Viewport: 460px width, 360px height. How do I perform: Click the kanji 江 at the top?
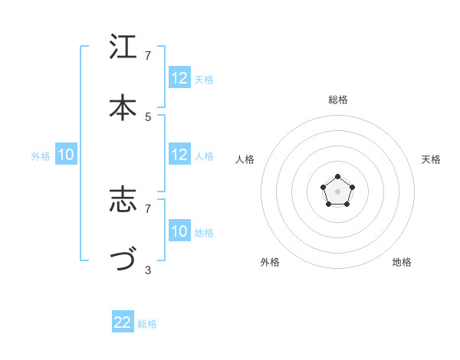pyautogui.click(x=123, y=48)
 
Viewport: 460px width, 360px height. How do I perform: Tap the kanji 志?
pyautogui.click(x=123, y=201)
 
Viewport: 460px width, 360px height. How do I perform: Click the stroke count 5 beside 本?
pyautogui.click(x=148, y=116)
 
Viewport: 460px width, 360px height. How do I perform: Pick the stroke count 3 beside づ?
pyautogui.click(x=148, y=270)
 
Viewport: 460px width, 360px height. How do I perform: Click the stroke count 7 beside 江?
pyautogui.click(x=148, y=56)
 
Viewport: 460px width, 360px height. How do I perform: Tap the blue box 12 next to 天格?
pyautogui.click(x=179, y=78)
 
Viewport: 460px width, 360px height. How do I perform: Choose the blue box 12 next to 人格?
pyautogui.click(x=179, y=155)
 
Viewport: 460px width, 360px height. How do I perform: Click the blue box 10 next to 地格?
pyautogui.click(x=179, y=231)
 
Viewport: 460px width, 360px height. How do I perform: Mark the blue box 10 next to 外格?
pyautogui.click(x=66, y=155)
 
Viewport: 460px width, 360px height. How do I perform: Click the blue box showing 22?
pyautogui.click(x=123, y=322)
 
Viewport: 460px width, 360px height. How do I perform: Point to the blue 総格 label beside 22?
pyautogui.click(x=147, y=324)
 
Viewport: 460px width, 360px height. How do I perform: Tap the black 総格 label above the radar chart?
pyautogui.click(x=338, y=100)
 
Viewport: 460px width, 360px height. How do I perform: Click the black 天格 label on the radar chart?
pyautogui.click(x=431, y=159)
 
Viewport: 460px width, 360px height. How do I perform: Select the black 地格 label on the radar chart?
pyautogui.click(x=402, y=262)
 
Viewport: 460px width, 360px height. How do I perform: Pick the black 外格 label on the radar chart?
pyautogui.click(x=270, y=262)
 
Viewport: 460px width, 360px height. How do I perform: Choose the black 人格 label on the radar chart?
pyautogui.click(x=245, y=159)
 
